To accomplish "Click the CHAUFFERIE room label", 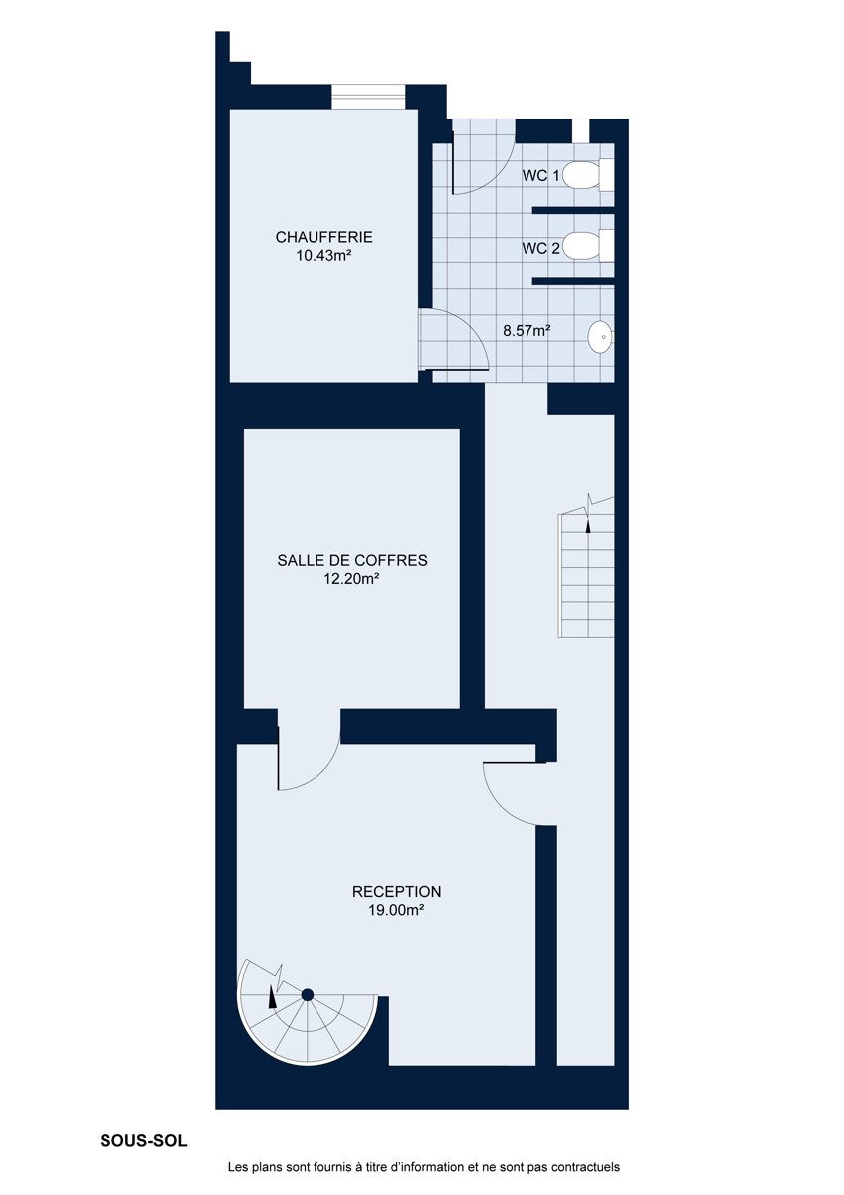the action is pyautogui.click(x=323, y=237).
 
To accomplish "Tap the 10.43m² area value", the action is pyautogui.click(x=323, y=256).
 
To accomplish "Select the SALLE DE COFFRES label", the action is pyautogui.click(x=352, y=560).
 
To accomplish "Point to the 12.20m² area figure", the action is pyautogui.click(x=352, y=579).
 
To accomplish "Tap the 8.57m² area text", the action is pyautogui.click(x=527, y=331).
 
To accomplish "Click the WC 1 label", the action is pyautogui.click(x=540, y=176).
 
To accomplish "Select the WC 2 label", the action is pyautogui.click(x=540, y=248).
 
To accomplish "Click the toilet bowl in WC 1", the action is pyautogui.click(x=581, y=176).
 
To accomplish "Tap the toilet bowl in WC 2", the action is pyautogui.click(x=581, y=246).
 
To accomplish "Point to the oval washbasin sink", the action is pyautogui.click(x=600, y=337).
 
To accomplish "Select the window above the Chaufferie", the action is pyautogui.click(x=369, y=97).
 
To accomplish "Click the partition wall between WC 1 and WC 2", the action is pyautogui.click(x=573, y=210).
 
